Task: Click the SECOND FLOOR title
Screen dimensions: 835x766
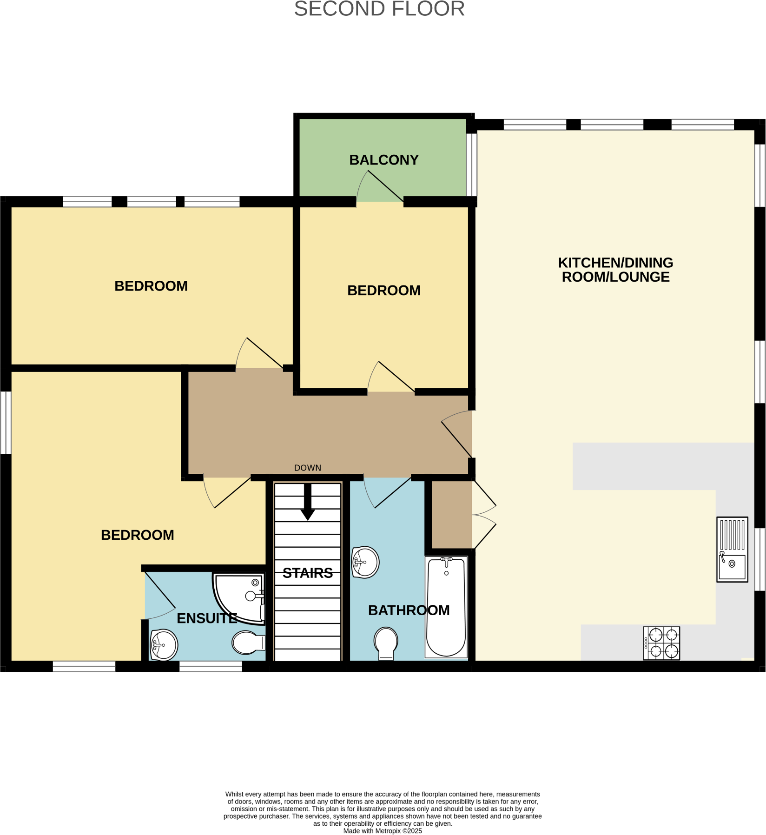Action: [379, 9]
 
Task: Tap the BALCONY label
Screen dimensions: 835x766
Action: [384, 160]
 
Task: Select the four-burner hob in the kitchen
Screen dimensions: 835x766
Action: [661, 643]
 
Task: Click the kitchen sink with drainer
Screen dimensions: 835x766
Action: [732, 549]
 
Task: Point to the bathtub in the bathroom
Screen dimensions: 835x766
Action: [446, 607]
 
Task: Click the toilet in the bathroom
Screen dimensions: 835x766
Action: [386, 643]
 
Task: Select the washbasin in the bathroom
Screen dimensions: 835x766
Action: [365, 562]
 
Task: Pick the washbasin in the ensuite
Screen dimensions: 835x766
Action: [164, 645]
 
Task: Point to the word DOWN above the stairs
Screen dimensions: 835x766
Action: [308, 468]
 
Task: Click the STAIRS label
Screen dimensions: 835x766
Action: [308, 573]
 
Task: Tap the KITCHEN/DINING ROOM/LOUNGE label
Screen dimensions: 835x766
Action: [615, 270]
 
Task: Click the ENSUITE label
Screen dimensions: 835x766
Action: [207, 618]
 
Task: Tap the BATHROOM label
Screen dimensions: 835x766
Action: [409, 610]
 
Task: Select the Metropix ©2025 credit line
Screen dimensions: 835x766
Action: [383, 831]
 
